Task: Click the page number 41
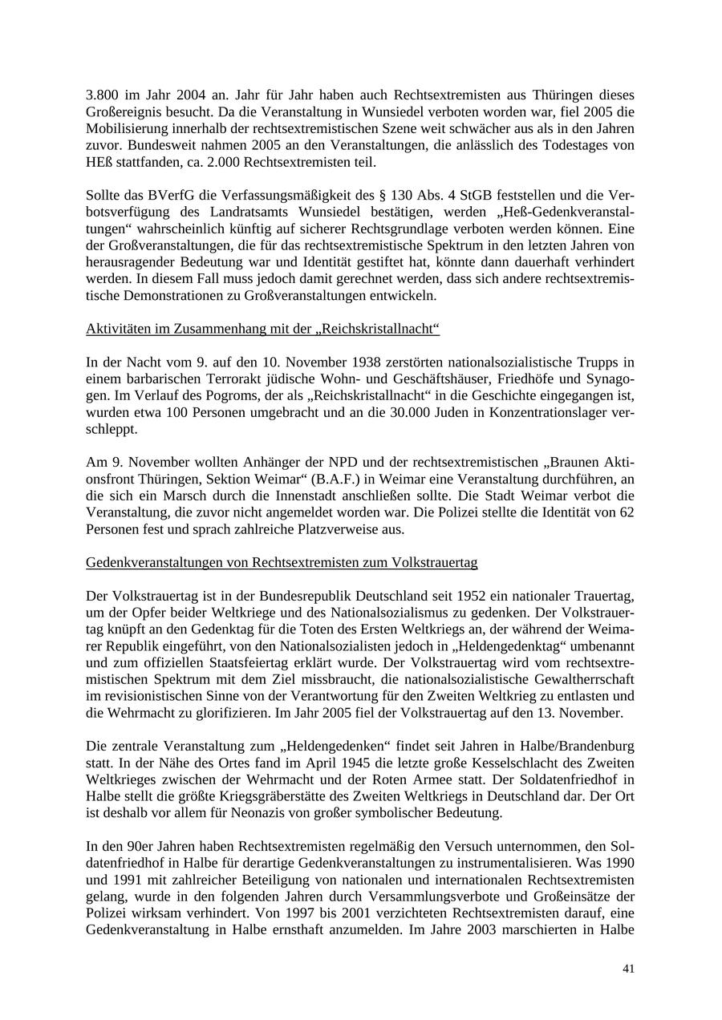tap(628, 969)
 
